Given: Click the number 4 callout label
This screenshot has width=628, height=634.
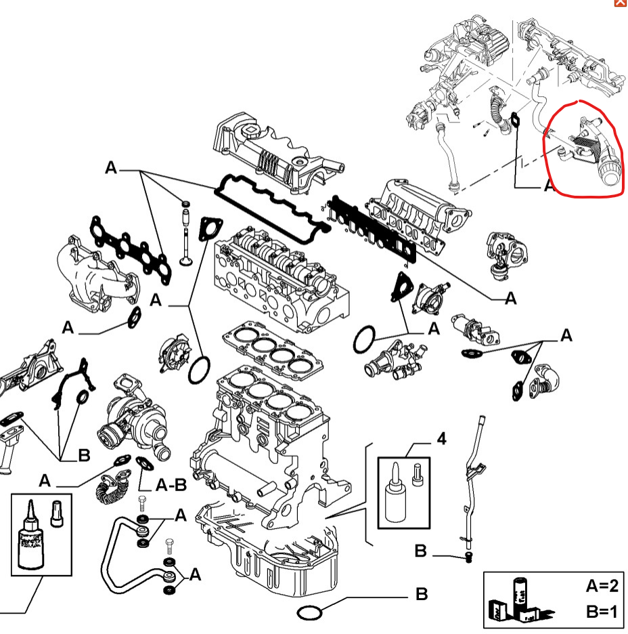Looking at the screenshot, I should click(441, 440).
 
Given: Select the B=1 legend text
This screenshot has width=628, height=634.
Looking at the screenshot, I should click(601, 612).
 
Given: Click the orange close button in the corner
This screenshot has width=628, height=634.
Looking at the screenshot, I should click(620, 3).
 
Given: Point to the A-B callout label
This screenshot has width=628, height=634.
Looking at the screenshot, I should click(171, 485).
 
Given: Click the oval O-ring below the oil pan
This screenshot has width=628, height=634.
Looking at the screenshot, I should click(310, 613).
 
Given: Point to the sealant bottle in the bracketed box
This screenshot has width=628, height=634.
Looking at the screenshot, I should click(392, 496).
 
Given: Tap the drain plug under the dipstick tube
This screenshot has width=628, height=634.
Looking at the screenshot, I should click(468, 557).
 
